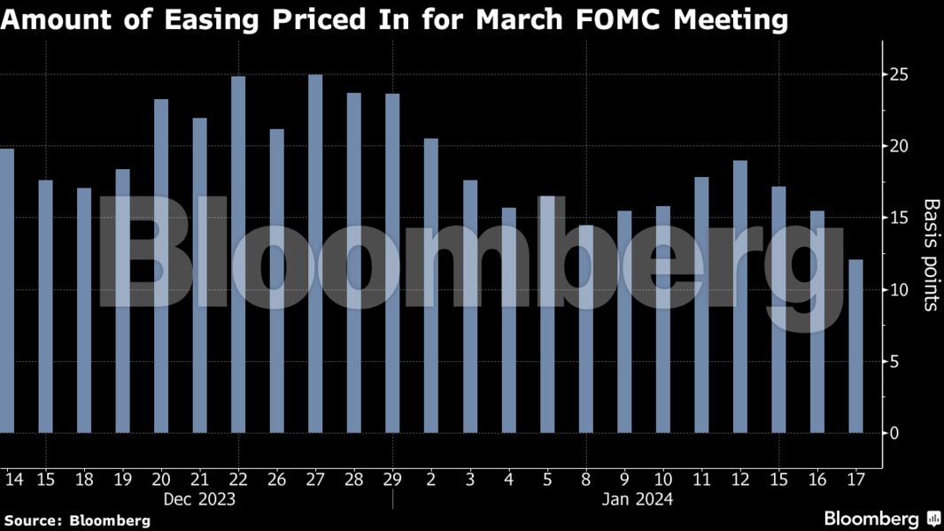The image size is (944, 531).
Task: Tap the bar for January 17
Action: click(855, 346)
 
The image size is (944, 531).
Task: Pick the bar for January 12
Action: click(740, 296)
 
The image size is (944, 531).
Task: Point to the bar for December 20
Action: click(161, 266)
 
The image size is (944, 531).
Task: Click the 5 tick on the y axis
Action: click(897, 361)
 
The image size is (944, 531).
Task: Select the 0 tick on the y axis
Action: click(897, 433)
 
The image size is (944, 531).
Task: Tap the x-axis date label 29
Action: click(392, 480)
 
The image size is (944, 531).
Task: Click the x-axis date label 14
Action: click(13, 480)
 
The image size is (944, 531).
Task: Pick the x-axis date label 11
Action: click(701, 480)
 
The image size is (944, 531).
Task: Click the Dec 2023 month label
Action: click(199, 499)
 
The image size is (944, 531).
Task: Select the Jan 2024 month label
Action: click(638, 499)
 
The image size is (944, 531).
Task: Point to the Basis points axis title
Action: click(931, 255)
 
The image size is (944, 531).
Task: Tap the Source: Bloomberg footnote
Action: click(77, 520)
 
